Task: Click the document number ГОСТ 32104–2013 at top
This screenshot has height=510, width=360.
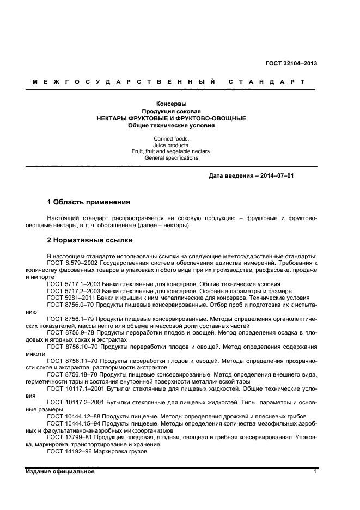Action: point(291,63)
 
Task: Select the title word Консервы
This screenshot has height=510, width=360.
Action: point(171,104)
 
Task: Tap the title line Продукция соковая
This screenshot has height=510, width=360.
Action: point(171,111)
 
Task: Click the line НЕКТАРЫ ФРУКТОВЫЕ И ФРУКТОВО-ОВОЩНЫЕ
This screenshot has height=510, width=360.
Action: point(171,118)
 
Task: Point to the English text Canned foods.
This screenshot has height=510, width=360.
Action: point(171,139)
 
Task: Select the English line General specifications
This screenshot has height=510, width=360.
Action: point(171,158)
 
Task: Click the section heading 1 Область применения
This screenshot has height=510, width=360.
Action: point(88,202)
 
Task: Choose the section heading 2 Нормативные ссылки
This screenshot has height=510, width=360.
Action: point(89,240)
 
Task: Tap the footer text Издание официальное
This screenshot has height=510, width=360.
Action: point(60,471)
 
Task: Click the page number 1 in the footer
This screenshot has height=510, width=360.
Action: point(315,471)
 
